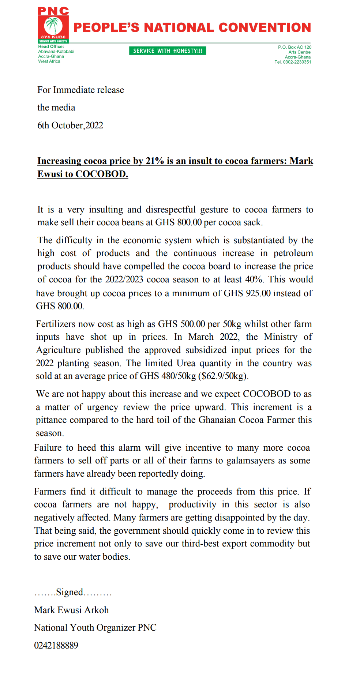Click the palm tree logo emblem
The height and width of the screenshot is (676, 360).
[x=53, y=26]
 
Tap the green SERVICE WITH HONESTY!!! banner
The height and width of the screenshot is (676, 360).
[x=168, y=51]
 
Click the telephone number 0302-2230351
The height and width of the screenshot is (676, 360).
[x=297, y=62]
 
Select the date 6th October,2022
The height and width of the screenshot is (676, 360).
[x=70, y=125]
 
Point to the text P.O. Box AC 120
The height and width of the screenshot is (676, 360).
[x=295, y=47]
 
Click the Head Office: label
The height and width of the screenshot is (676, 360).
[x=51, y=46]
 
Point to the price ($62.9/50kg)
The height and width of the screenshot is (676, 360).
[x=223, y=376]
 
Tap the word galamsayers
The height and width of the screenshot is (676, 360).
[x=251, y=461]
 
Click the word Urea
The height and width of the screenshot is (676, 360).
[x=186, y=363]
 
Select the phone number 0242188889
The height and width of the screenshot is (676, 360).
[x=56, y=645]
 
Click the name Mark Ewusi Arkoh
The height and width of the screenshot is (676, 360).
[x=71, y=610]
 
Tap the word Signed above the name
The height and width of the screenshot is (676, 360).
[x=70, y=592]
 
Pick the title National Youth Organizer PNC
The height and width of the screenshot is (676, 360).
[x=95, y=628]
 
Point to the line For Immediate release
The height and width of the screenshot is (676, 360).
[x=80, y=90]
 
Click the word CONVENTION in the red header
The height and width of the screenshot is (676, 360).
[x=265, y=28]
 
